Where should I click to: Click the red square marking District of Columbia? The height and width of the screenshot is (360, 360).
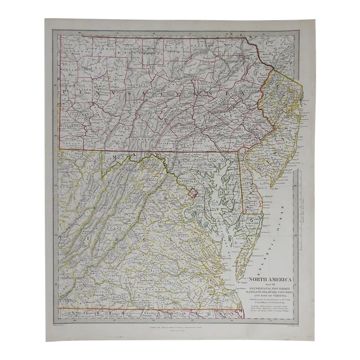pos(194,195)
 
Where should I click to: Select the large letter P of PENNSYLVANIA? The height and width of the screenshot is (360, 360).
pos(66,91)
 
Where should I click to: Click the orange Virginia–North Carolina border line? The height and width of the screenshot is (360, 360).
pos(141,308)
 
